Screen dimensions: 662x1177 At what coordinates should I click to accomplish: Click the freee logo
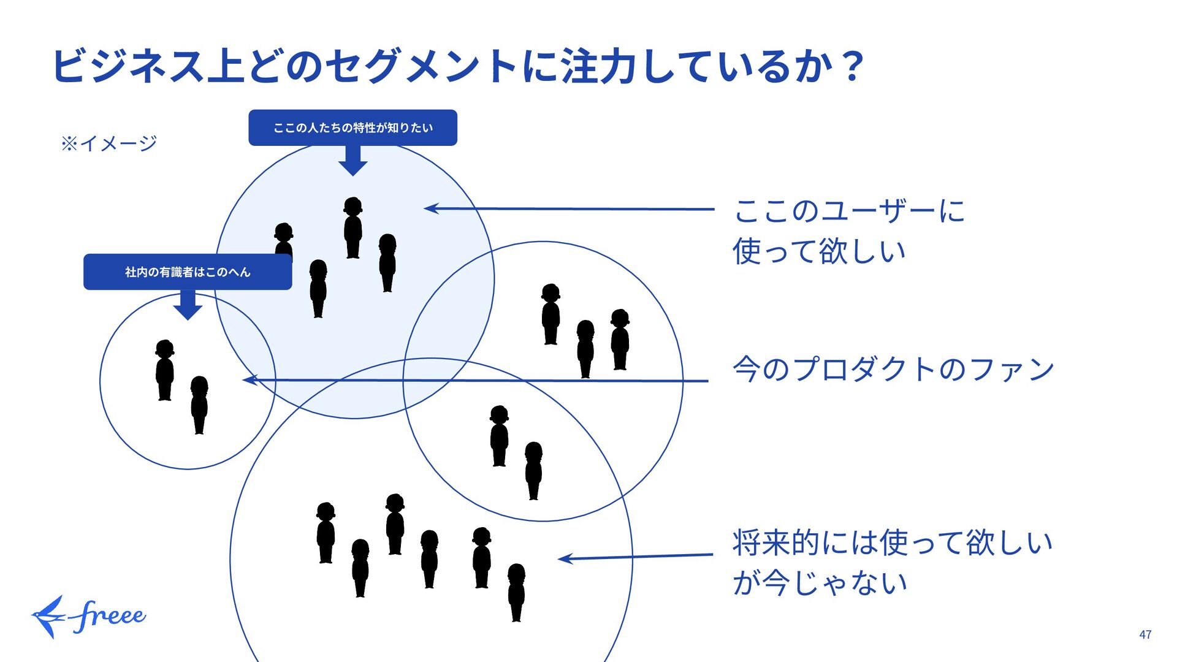pyautogui.click(x=89, y=616)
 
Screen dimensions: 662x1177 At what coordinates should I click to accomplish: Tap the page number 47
pyautogui.click(x=1145, y=635)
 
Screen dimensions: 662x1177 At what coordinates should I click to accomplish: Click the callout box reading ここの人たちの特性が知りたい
pyautogui.click(x=352, y=127)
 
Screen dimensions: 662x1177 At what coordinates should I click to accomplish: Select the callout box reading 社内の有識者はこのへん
pyautogui.click(x=188, y=272)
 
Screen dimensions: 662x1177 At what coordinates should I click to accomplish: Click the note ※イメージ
pyautogui.click(x=109, y=143)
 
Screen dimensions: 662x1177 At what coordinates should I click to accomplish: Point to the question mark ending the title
pyautogui.click(x=852, y=66)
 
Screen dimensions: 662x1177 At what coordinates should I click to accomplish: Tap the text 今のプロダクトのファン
pyautogui.click(x=893, y=369)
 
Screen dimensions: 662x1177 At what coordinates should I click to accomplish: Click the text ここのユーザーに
pyautogui.click(x=849, y=211)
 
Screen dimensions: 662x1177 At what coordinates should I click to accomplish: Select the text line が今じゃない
pyautogui.click(x=820, y=582)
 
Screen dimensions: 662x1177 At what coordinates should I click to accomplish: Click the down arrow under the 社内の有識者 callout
pyautogui.click(x=188, y=305)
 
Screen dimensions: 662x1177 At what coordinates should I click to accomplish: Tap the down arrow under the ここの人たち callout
pyautogui.click(x=352, y=161)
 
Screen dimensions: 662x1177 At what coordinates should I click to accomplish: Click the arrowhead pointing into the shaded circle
pyautogui.click(x=431, y=208)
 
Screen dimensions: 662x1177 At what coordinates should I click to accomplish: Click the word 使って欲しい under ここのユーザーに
pyautogui.click(x=819, y=251)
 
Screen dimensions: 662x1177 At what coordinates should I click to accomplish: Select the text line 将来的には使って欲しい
pyautogui.click(x=893, y=542)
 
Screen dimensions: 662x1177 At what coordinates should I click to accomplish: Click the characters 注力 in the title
pyautogui.click(x=600, y=66)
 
